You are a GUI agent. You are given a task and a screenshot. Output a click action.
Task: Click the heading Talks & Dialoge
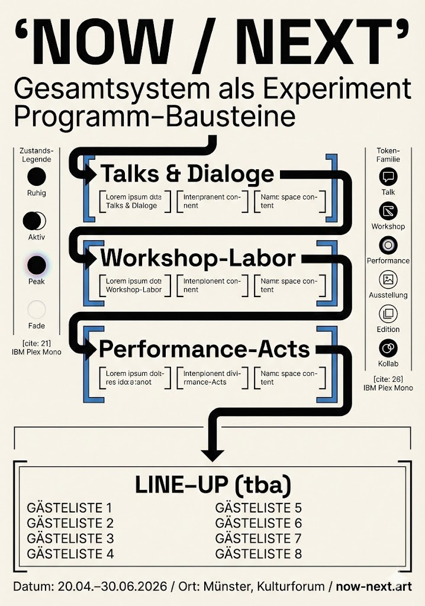click(x=187, y=174)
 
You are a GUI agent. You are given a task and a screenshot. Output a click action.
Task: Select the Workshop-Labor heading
click(x=198, y=259)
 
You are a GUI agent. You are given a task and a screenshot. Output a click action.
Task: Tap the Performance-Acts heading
click(x=204, y=349)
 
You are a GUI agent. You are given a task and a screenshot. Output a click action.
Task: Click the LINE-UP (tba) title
click(x=213, y=485)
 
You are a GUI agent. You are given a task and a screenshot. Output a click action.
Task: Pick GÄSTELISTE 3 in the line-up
click(x=70, y=539)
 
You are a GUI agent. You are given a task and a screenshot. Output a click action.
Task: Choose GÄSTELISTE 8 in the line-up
click(x=259, y=554)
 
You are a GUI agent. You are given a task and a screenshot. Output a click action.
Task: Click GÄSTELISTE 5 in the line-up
click(x=259, y=508)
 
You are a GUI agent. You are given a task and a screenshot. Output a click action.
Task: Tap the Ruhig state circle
click(x=36, y=177)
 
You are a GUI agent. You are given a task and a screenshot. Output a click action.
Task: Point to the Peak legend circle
click(x=36, y=265)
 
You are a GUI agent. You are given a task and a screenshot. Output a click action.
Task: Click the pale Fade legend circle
click(x=36, y=310)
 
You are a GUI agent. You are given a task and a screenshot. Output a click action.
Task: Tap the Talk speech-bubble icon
click(x=388, y=176)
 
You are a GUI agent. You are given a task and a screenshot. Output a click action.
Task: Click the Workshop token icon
click(x=388, y=211)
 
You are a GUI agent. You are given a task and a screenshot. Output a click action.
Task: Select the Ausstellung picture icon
click(x=388, y=279)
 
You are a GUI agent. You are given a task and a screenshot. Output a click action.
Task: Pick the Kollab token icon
click(x=388, y=348)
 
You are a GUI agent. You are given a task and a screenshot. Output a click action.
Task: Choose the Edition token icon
click(x=388, y=314)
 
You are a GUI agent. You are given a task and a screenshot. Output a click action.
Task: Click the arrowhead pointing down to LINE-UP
click(x=213, y=454)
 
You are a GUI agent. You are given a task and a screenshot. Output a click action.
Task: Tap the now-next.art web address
click(x=374, y=586)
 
